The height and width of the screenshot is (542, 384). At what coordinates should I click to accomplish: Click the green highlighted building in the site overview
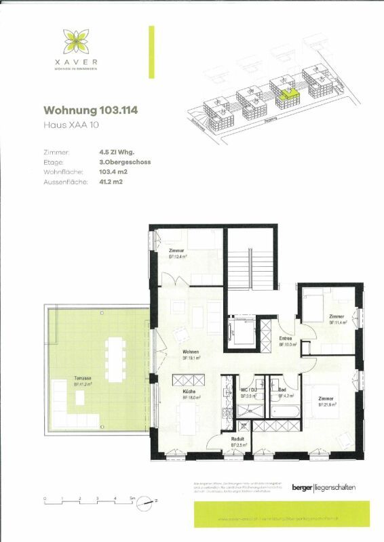[x=288, y=94]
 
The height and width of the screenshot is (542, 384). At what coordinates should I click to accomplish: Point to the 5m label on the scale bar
[x=133, y=499]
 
